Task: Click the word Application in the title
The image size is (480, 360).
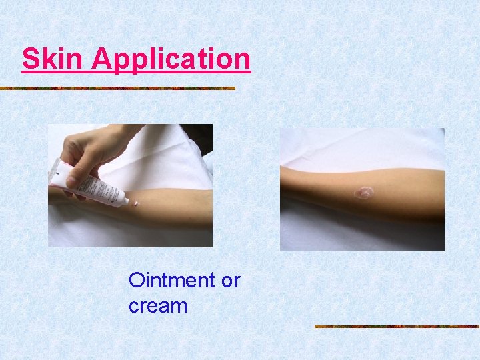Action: tap(171, 59)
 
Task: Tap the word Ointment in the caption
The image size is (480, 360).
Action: tap(172, 280)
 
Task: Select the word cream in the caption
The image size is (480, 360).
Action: tap(158, 306)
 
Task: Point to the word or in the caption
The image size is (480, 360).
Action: tap(230, 281)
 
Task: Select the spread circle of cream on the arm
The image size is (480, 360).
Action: tap(363, 193)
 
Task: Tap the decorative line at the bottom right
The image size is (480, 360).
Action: tap(397, 327)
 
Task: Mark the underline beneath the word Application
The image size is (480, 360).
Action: tap(171, 71)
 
